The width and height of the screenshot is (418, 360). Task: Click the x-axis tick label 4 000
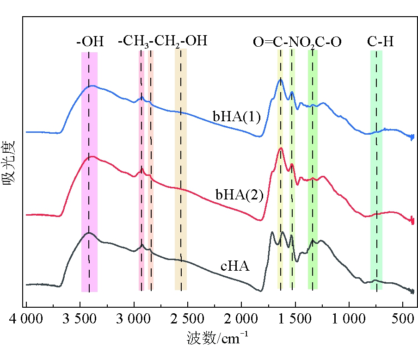coord(26,319)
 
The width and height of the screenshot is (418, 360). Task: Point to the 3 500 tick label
coord(80,319)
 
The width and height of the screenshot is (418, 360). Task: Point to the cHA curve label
coord(235,267)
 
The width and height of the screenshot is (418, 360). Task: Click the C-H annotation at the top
coord(381,42)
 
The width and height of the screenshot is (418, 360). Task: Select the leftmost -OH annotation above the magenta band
coord(90,42)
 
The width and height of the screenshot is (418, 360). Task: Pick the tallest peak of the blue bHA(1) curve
coord(280,80)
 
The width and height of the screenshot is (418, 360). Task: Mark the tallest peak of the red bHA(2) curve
coord(280,149)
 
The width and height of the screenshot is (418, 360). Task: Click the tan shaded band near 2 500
coord(181,170)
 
